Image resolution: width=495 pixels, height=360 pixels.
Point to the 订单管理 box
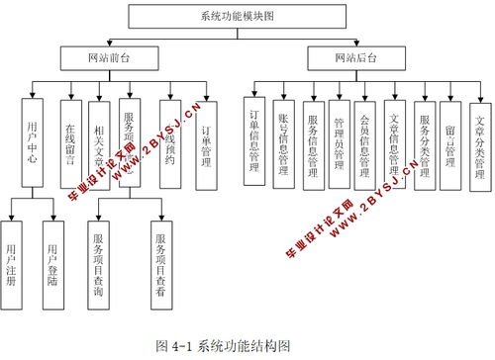tap(206, 143)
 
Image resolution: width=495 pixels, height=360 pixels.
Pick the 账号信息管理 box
tap(284, 143)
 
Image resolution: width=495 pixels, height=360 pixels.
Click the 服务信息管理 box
tap(313, 143)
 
